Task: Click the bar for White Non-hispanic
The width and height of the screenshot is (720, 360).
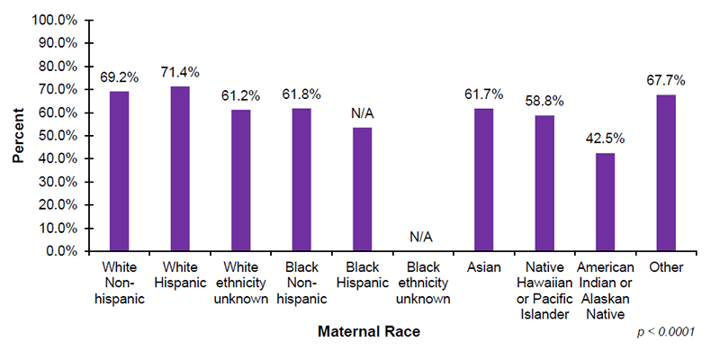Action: [120, 171]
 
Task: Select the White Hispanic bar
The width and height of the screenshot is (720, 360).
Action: [180, 168]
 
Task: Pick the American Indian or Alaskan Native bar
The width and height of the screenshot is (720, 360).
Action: [605, 202]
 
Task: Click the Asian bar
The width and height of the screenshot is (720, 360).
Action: [483, 180]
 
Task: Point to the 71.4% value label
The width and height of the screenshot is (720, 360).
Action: [181, 71]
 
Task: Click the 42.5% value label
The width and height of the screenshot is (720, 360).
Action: [605, 139]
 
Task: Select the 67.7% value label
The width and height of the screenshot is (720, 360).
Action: [665, 80]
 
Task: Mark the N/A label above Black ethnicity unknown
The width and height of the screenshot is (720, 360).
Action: [422, 237]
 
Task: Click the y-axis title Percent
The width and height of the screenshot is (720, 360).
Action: [18, 135]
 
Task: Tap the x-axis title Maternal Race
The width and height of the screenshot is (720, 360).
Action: [369, 331]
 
